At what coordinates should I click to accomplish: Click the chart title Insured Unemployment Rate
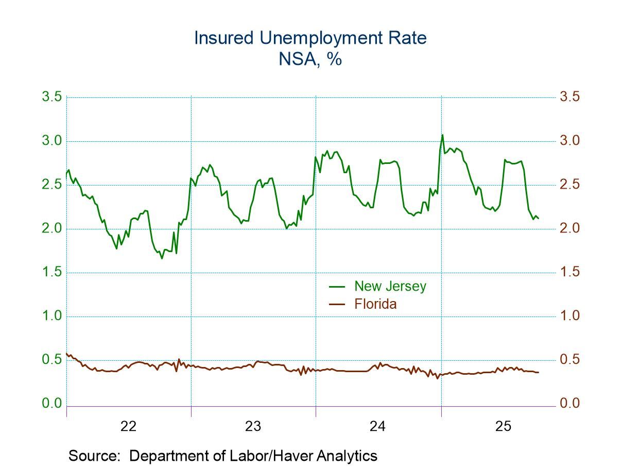[x=310, y=38]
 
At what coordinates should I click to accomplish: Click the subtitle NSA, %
[x=310, y=59]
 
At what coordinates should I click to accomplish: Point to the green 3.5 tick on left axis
[x=51, y=97]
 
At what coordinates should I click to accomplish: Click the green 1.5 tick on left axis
[x=51, y=272]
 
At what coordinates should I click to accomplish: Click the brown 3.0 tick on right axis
[x=569, y=141]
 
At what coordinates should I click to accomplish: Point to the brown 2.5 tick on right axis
[x=569, y=185]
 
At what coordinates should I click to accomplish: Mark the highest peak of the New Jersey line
[x=442, y=135]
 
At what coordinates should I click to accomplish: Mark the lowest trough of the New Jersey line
[x=162, y=258]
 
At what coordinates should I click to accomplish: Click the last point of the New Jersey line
[x=539, y=219]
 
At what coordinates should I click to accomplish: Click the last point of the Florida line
[x=539, y=372]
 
